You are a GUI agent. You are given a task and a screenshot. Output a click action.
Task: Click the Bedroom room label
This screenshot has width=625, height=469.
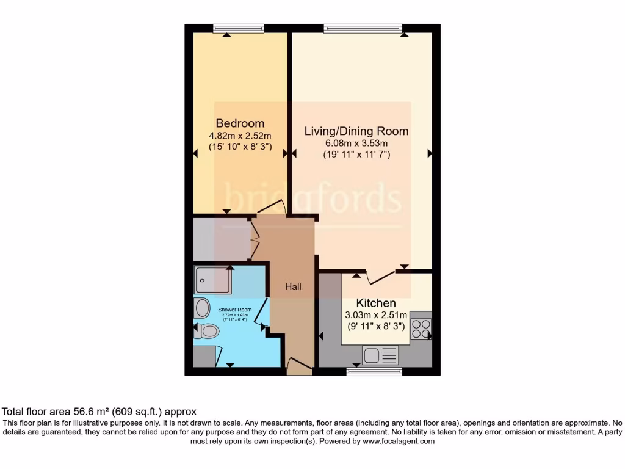(239, 123)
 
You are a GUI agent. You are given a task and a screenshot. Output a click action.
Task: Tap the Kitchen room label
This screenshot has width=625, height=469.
(376, 303)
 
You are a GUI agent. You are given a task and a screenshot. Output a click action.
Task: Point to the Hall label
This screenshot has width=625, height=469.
(294, 286)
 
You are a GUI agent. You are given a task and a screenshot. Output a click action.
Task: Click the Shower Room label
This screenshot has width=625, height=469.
(235, 310)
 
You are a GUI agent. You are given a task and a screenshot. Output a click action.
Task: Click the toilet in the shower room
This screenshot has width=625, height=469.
(206, 332)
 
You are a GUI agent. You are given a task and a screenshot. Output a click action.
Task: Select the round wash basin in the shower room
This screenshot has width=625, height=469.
(202, 307)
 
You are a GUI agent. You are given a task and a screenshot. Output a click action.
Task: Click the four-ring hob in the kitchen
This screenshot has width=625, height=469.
(421, 329)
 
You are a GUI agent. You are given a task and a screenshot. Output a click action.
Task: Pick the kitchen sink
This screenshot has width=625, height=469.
(380, 354)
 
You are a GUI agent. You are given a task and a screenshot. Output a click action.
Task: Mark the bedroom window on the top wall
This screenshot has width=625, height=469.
(239, 27)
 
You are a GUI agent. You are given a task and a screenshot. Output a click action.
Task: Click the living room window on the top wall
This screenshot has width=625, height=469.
(363, 27)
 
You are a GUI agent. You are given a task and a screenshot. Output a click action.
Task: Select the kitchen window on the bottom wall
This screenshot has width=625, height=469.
(374, 371)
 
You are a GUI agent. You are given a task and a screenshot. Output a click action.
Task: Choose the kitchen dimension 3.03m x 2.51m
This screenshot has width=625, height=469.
(376, 315)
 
